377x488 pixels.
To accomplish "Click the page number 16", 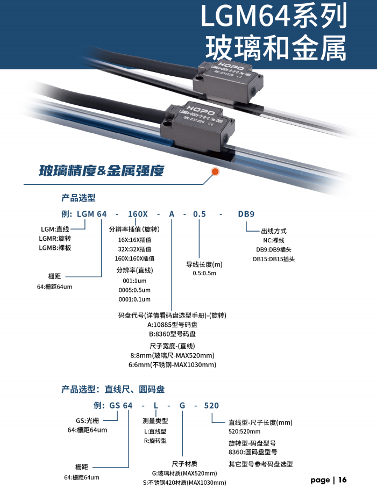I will pyautogui.click(x=343, y=479).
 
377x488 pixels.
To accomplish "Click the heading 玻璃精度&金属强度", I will pyautogui.click(x=101, y=171).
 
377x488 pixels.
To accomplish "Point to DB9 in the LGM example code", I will pyautogui.click(x=246, y=214).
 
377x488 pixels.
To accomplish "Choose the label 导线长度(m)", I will pyautogui.click(x=204, y=264).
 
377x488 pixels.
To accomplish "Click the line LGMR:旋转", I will pyautogui.click(x=55, y=238).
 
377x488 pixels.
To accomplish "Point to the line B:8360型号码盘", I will pyautogui.click(x=172, y=334).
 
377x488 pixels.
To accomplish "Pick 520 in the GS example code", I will pyautogui.click(x=211, y=405).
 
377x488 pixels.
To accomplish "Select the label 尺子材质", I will pyautogui.click(x=184, y=463).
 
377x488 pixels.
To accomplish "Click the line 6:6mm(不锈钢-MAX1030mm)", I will pyautogui.click(x=172, y=365).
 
